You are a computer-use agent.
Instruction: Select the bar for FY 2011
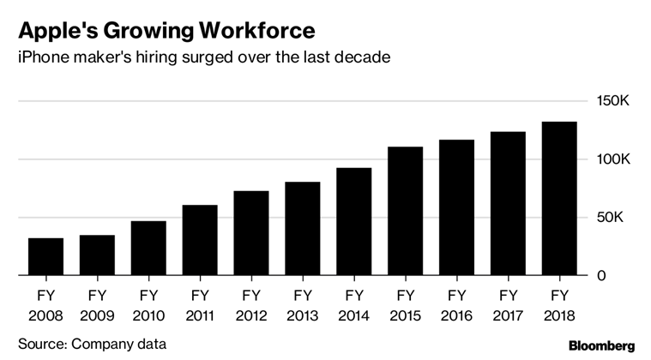200,240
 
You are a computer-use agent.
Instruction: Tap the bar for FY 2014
353,221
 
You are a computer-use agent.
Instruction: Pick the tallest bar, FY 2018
558,199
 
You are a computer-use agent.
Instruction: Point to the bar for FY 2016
456,207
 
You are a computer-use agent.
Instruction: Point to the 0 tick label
602,276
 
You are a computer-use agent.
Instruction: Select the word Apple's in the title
53,31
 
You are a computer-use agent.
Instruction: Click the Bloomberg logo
597,345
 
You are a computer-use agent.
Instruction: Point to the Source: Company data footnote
92,345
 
